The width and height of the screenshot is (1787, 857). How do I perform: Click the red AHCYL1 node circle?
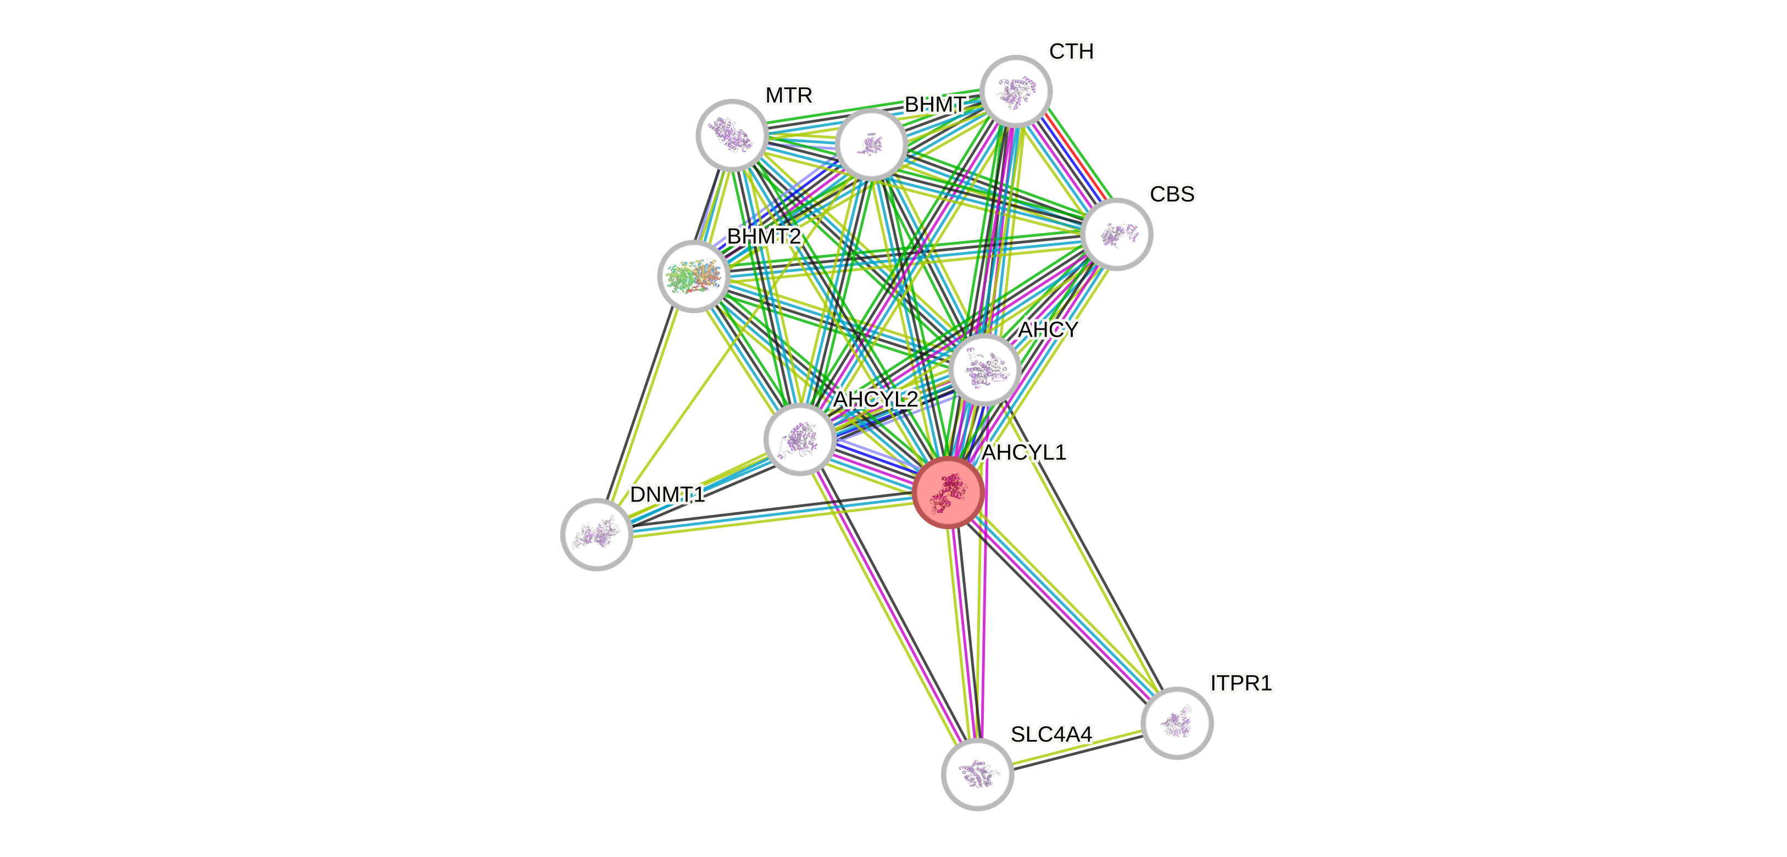click(x=948, y=492)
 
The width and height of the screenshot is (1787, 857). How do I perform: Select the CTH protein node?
click(x=1016, y=91)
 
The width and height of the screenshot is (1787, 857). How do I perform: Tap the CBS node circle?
click(x=1116, y=234)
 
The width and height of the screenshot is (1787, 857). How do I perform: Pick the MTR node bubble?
click(x=732, y=135)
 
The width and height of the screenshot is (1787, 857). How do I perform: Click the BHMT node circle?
click(x=871, y=143)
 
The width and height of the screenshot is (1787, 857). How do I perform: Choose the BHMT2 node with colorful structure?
click(x=693, y=276)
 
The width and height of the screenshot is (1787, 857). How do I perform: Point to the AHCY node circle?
click(x=984, y=369)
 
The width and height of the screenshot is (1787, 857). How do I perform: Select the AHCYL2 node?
click(x=799, y=438)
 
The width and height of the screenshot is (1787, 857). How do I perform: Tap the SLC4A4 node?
click(x=977, y=773)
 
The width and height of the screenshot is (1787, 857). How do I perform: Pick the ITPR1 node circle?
click(x=1177, y=723)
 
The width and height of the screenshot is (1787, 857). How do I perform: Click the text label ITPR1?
click(x=1240, y=683)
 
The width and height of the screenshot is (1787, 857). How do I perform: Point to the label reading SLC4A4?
click(x=1051, y=734)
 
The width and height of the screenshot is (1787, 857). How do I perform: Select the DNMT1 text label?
click(x=667, y=495)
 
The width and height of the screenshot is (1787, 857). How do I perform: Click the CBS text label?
click(x=1172, y=194)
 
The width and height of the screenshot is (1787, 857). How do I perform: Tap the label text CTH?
click(x=1071, y=51)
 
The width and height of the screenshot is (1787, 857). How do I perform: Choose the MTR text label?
click(x=789, y=96)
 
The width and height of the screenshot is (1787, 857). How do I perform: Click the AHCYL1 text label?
click(x=1024, y=453)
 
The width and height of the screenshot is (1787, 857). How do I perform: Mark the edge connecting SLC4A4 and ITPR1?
click(x=1077, y=749)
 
